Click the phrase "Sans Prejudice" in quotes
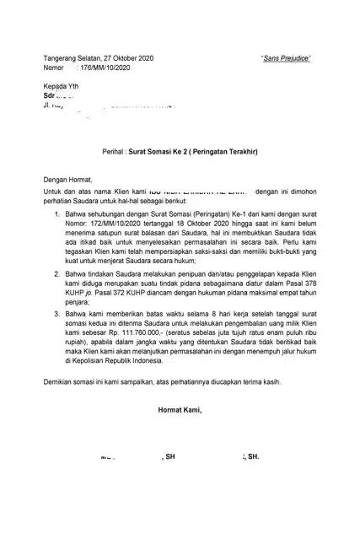tap(287, 57)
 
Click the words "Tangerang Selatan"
tap(69, 57)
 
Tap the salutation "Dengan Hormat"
tap(69, 179)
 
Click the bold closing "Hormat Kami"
tap(180, 411)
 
